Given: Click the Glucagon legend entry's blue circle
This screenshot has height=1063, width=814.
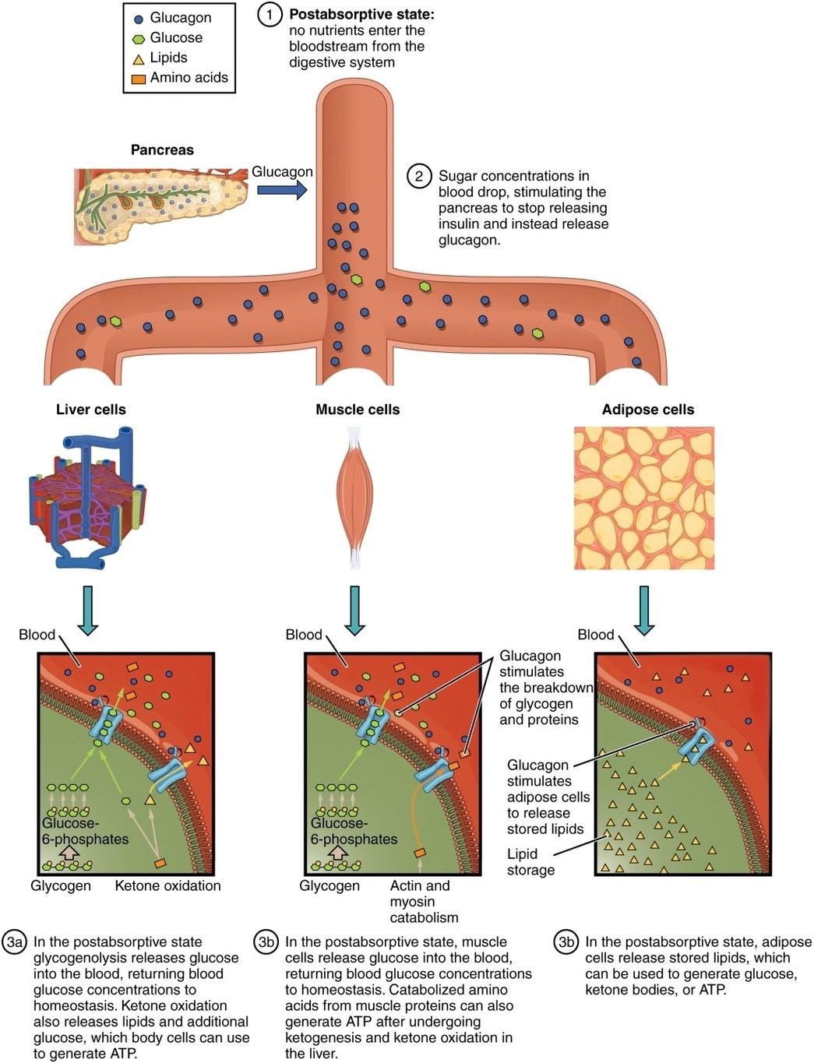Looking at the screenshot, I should [x=139, y=19].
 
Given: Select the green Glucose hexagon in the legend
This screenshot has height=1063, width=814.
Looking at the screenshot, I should [x=139, y=39].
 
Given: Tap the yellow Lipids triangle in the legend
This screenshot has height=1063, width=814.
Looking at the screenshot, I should [x=139, y=59].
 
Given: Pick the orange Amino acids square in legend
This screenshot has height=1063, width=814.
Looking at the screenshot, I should [x=139, y=79].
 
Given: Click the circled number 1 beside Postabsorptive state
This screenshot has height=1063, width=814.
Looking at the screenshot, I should [x=270, y=15].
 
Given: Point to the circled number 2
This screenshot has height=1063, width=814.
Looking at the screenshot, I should [x=419, y=176].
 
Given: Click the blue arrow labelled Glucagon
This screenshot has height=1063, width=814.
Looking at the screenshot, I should [x=281, y=191].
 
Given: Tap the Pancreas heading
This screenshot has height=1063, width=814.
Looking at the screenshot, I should [x=162, y=150].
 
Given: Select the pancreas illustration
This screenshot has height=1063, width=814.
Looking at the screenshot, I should [x=160, y=204].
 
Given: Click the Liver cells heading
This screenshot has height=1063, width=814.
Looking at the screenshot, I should [x=90, y=410].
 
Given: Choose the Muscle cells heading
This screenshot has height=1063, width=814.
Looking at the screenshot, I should [x=358, y=410].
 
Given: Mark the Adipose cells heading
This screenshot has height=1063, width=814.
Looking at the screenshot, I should [x=648, y=410].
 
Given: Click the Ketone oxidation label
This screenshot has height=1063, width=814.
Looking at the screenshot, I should [x=167, y=885].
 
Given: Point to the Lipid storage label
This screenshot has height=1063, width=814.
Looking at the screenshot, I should [x=531, y=862].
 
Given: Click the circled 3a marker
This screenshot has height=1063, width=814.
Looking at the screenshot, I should [x=15, y=942].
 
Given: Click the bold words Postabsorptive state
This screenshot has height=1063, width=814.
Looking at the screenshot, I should [x=361, y=15].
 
